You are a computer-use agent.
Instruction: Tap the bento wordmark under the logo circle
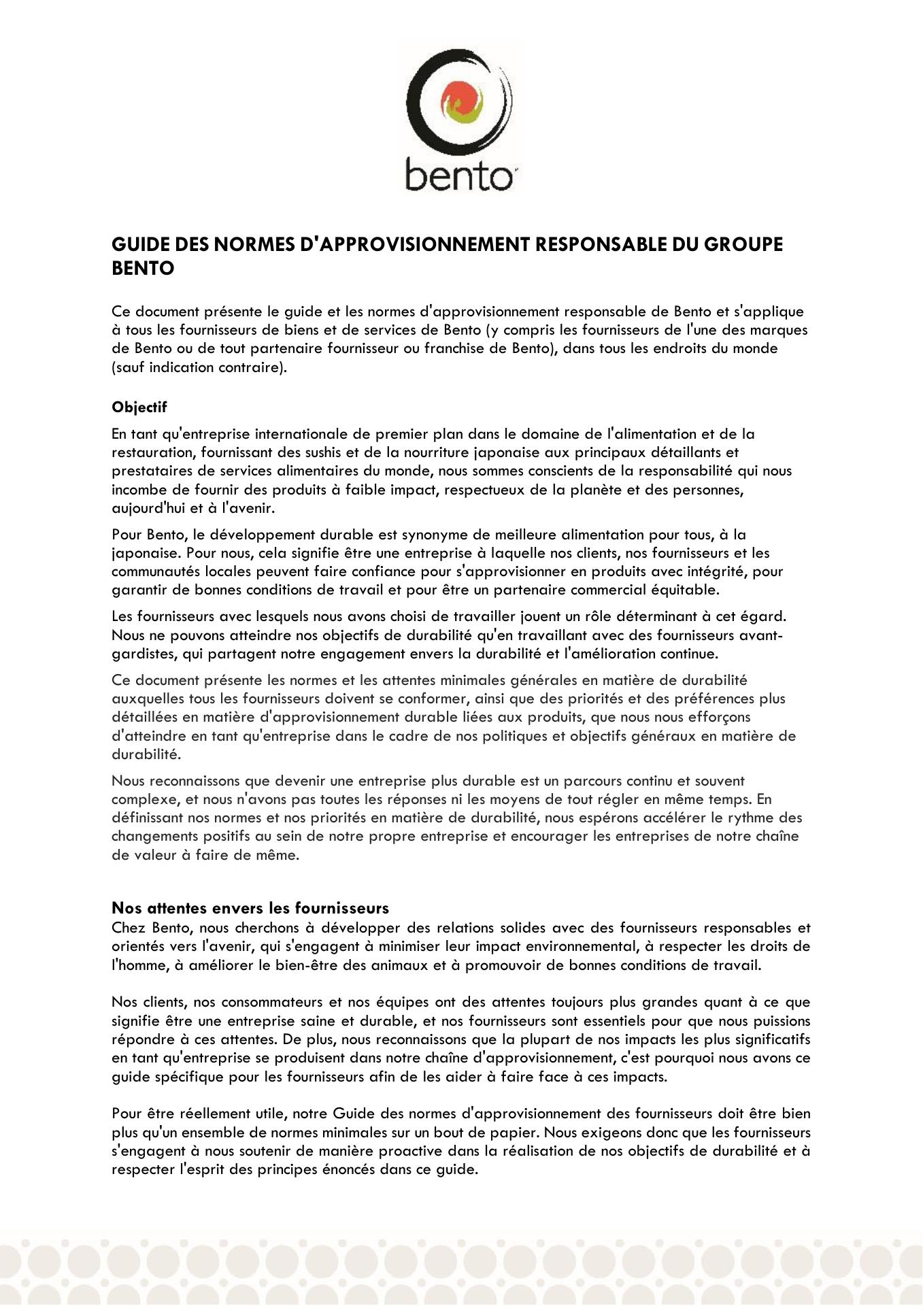point(460,175)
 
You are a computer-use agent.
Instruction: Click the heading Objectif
point(139,407)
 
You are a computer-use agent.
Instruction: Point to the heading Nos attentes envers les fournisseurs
point(250,907)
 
